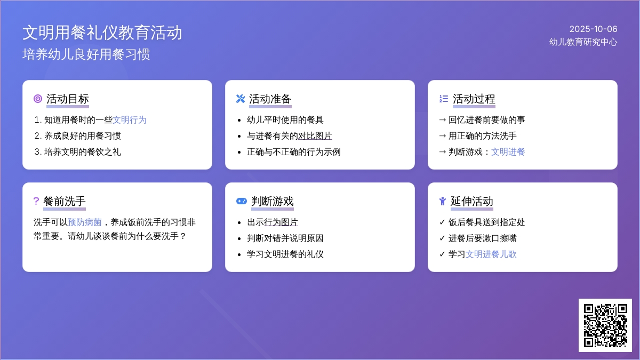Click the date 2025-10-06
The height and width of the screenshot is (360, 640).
[593, 29]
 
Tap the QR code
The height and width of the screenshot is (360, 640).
[605, 325]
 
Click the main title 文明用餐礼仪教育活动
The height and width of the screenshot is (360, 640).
[102, 33]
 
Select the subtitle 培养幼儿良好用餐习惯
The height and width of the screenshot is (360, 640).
[86, 54]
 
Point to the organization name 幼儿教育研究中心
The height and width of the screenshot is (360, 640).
[583, 42]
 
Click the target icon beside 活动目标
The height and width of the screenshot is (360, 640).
[38, 99]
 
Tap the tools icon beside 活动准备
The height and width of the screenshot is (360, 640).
[241, 99]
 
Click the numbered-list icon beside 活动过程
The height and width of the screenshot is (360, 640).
[444, 99]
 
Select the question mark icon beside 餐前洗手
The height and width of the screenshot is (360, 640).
[36, 201]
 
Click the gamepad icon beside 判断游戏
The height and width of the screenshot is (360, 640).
[242, 201]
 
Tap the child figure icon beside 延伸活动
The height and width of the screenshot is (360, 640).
[443, 201]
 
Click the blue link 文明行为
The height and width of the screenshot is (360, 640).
[130, 120]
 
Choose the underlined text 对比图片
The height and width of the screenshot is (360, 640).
[315, 136]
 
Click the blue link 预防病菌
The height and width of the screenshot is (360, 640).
[85, 222]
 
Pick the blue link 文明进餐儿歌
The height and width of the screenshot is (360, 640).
[491, 254]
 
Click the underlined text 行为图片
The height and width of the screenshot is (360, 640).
[281, 222]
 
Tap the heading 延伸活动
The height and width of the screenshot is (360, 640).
[471, 202]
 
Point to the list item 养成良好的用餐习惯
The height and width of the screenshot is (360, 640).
[83, 136]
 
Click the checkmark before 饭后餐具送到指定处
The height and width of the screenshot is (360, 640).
[442, 222]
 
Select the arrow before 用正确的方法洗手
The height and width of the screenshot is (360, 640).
[442, 136]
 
